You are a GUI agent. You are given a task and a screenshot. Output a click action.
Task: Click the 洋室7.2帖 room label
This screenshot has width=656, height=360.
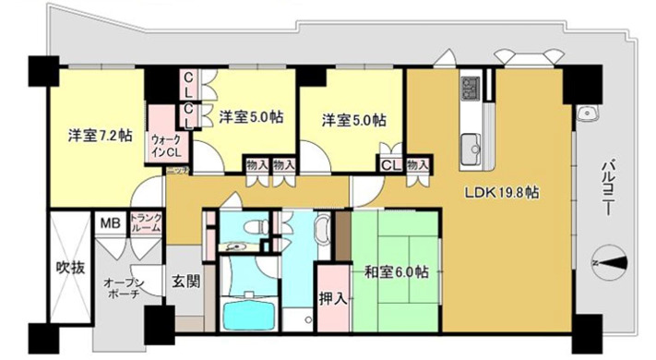coord(98,135)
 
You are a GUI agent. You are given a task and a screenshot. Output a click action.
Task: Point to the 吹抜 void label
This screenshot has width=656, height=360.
coord(71,269)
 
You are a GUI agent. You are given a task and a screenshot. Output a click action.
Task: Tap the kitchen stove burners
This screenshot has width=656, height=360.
coord(469,89)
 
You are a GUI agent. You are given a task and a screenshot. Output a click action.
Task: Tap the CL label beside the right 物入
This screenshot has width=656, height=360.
coord(390,165)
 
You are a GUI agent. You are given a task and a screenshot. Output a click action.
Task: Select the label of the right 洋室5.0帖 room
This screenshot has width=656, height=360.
coord(353,120)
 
